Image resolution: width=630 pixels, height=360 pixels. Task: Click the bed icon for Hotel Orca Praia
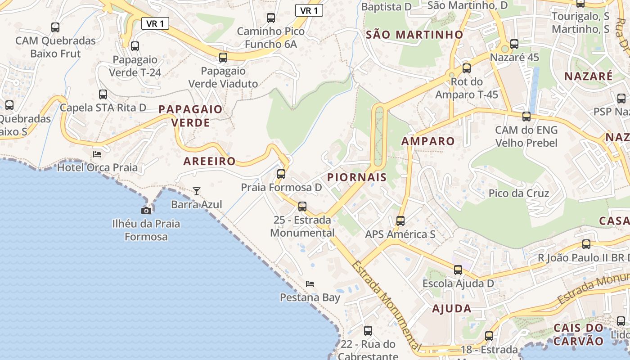coord(97,154)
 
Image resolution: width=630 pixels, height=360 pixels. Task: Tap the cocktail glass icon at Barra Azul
coord(197,191)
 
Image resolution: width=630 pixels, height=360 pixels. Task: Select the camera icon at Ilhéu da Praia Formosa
coord(146,211)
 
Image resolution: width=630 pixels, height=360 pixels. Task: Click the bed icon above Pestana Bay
coord(310,284)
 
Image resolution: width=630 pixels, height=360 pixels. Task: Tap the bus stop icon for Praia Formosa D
coord(281,174)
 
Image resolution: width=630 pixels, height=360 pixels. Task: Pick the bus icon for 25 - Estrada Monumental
coord(302,207)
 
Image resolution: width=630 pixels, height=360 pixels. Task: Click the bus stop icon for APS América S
coord(400,221)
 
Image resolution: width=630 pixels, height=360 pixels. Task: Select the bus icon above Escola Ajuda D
coord(458,270)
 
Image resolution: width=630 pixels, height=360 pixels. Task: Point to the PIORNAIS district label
coord(357,177)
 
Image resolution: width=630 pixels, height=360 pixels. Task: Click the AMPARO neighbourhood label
coord(428,141)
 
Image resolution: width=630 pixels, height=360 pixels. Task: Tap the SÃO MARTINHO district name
coord(414,35)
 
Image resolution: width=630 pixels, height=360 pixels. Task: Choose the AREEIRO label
coord(209,161)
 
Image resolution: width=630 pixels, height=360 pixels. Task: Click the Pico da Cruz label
coord(519,193)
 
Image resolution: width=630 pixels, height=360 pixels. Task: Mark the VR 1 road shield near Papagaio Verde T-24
coord(155,23)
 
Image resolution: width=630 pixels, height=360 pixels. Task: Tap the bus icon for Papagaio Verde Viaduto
coord(223,58)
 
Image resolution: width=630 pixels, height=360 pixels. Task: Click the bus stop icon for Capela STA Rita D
coord(103,94)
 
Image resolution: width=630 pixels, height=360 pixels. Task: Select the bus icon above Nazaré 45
coord(514,44)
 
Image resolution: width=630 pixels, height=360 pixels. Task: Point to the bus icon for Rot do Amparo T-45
coord(467,68)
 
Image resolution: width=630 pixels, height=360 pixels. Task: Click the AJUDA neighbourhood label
coord(451,309)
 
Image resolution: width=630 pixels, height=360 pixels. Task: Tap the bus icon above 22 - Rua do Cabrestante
coord(368,331)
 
